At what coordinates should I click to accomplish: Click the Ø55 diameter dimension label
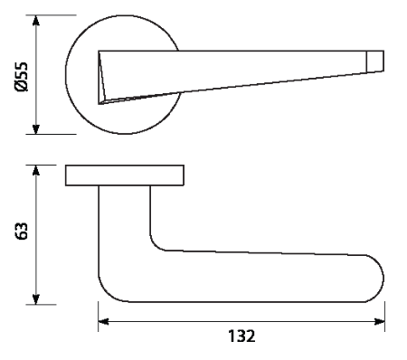click(x=21, y=77)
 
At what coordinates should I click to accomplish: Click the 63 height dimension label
click(x=22, y=232)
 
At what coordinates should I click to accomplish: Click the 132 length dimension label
click(x=241, y=336)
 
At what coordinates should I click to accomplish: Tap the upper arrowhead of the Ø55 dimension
click(x=36, y=21)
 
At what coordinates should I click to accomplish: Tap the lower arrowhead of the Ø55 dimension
click(x=36, y=128)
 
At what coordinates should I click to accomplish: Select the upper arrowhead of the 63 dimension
click(x=36, y=171)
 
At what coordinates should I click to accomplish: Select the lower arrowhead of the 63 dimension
click(x=36, y=298)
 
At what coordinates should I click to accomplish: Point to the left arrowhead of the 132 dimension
click(x=104, y=322)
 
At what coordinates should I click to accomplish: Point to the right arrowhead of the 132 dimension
click(x=379, y=322)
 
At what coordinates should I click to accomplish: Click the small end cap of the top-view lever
click(x=375, y=62)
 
